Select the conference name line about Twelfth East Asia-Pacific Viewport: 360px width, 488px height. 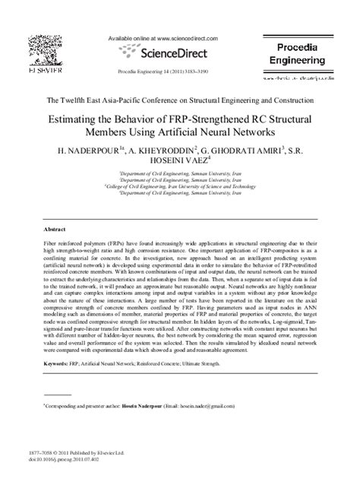tap(180, 100)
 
